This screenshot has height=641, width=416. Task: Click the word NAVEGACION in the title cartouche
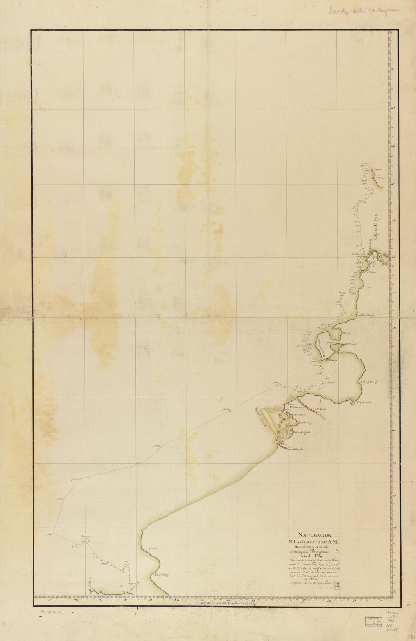pyautogui.click(x=314, y=534)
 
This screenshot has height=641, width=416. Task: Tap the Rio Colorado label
pyautogui.click(x=296, y=449)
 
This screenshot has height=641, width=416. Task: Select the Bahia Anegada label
pyautogui.click(x=302, y=432)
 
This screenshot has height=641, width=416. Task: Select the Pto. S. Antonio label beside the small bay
pyautogui.click(x=363, y=402)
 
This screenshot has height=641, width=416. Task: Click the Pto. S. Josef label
pyautogui.click(x=341, y=345)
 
